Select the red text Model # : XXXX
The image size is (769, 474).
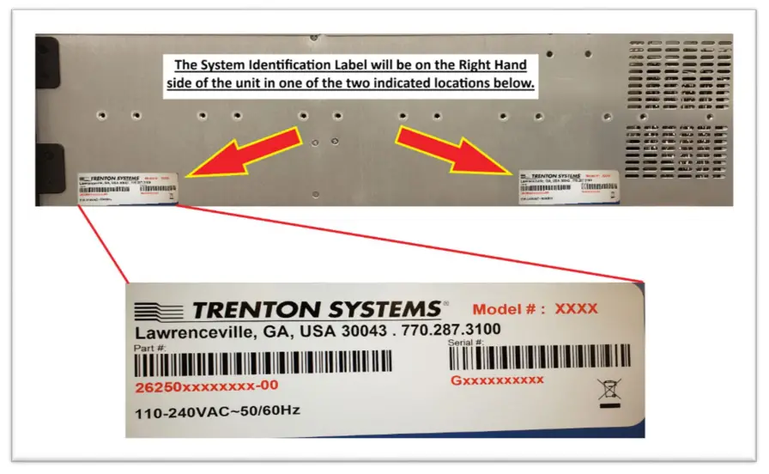point(535,309)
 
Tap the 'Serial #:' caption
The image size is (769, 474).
point(469,343)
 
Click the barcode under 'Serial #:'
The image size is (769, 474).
point(539,356)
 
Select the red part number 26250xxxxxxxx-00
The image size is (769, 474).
point(206,387)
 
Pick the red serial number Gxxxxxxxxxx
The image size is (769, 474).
point(497,380)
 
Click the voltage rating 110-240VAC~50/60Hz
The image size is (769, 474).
point(217,412)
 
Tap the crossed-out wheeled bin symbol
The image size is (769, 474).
point(607,392)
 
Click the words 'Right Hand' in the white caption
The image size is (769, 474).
point(488,64)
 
